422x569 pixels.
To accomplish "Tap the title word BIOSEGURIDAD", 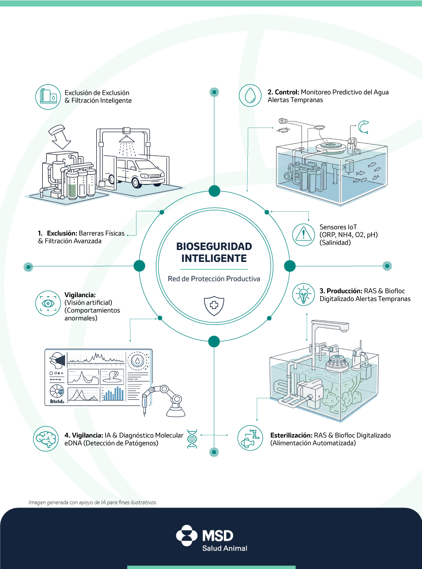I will pos(214,247).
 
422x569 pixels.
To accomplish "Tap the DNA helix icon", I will pos(192,439).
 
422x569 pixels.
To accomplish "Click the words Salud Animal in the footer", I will pos(224,548).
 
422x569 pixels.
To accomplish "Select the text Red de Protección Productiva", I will pos(214,279).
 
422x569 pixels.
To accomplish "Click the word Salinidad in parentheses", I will pos(336,243).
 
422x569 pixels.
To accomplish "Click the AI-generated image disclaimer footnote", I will pos(93,502).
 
